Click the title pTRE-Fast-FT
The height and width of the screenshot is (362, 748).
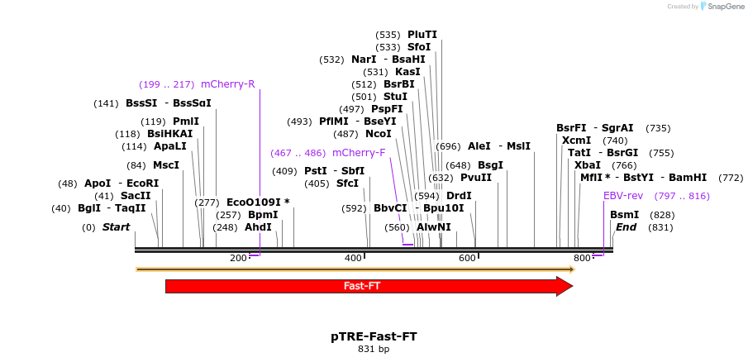point(374,336)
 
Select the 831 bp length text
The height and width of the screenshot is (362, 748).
point(374,350)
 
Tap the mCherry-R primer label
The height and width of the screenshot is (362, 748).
point(227,84)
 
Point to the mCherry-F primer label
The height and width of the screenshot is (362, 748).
point(359,153)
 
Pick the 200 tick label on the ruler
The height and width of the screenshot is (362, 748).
point(238,259)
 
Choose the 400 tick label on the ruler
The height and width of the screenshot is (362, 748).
point(353,259)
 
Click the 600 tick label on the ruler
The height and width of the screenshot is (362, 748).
point(467,259)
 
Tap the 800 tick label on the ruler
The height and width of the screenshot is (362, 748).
point(582,259)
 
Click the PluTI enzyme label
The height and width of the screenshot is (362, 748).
point(422,35)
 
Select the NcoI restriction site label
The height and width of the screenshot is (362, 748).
point(379,134)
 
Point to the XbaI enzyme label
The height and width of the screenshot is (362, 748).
point(588,165)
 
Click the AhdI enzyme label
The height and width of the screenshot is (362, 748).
point(258,227)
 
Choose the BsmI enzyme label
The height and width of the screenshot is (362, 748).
point(624,215)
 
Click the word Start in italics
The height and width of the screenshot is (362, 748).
point(117,227)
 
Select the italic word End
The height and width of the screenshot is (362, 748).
point(626,227)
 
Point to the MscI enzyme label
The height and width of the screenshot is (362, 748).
point(166,165)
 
